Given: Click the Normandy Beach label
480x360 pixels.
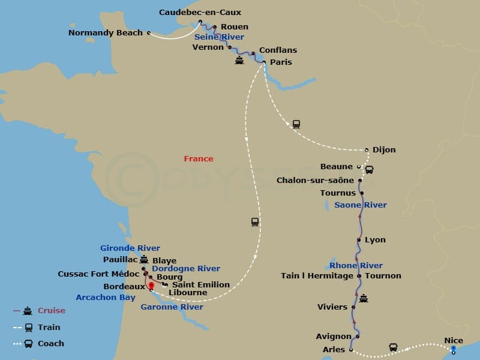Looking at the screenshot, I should pyautogui.click(x=106, y=33).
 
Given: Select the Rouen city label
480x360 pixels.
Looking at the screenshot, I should pyautogui.click(x=234, y=27).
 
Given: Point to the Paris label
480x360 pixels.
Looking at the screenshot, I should pyautogui.click(x=281, y=62).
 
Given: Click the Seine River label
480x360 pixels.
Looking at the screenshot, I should pyautogui.click(x=219, y=37).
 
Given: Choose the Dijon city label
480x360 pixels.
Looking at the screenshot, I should pyautogui.click(x=384, y=150).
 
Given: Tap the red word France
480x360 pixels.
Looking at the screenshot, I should pyautogui.click(x=199, y=159).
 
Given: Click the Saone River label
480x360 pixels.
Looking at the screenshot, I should pyautogui.click(x=361, y=205).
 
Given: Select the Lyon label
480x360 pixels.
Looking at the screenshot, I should pyautogui.click(x=375, y=240).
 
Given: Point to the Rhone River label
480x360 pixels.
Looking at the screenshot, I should pyautogui.click(x=356, y=266).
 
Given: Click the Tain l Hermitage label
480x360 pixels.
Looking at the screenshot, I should pyautogui.click(x=317, y=276).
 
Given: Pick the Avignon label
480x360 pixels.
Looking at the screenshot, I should pyautogui.click(x=334, y=337).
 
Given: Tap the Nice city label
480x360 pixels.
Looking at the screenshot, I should pyautogui.click(x=454, y=341).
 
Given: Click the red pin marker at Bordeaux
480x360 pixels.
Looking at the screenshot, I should pyautogui.click(x=151, y=286).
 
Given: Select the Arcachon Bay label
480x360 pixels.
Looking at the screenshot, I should pyautogui.click(x=106, y=298).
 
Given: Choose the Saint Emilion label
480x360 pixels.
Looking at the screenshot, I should pyautogui.click(x=201, y=285).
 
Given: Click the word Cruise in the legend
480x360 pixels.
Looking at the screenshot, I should pyautogui.click(x=52, y=311).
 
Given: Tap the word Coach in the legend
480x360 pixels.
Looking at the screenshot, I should pyautogui.click(x=51, y=344).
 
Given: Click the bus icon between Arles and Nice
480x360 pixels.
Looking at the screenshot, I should pyautogui.click(x=393, y=347).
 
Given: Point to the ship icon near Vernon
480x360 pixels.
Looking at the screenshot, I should pyautogui.click(x=239, y=61).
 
